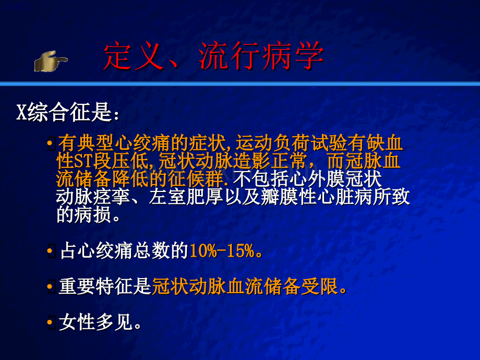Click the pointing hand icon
coord(51,61)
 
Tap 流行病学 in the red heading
coord(261,56)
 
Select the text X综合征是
coord(66,113)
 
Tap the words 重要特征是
coord(104,287)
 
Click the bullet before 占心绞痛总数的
coord(51,253)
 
